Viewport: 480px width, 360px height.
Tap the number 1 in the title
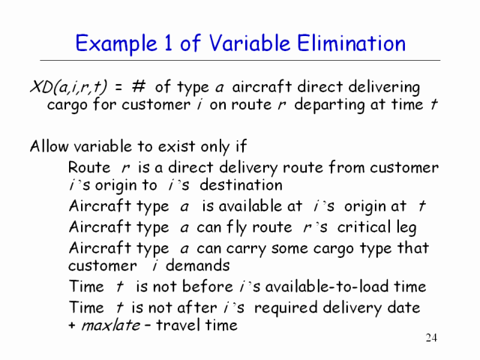pos(168,43)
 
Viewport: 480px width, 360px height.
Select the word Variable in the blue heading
pos(250,43)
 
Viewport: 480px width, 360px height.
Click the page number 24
pos(431,337)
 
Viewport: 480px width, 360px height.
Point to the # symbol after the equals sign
pos(138,87)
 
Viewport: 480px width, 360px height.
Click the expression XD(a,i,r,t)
pos(68,87)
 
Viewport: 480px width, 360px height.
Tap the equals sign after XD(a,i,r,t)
pos(118,87)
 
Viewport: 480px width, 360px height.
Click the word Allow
pos(49,146)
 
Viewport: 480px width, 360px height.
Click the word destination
pos(241,185)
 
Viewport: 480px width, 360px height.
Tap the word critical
pos(364,226)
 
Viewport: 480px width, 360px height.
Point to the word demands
pos(197,265)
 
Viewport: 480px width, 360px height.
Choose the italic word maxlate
pos(110,325)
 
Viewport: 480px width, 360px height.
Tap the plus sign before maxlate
pos(72,325)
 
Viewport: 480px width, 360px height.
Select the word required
pos(286,307)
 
